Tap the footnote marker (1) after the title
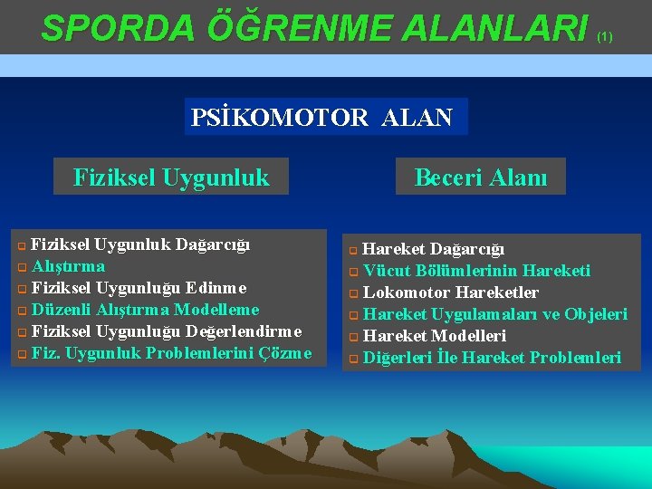pos(605,37)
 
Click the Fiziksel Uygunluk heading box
pos(171,177)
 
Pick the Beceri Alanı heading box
pos(481,177)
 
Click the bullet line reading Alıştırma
pos(68,266)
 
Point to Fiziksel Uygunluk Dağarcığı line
pos(140,244)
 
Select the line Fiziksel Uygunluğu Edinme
pos(139,288)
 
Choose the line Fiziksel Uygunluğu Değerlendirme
pos(165,331)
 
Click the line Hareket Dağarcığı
pos(434,249)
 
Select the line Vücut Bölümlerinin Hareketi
pos(476,271)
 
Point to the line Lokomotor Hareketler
pos(450,292)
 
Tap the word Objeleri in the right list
pos(596,314)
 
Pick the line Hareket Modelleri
pos(434,336)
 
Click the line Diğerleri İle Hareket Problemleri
pos(492,358)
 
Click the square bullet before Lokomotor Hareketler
pos(354,293)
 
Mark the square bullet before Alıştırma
pos(22,267)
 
